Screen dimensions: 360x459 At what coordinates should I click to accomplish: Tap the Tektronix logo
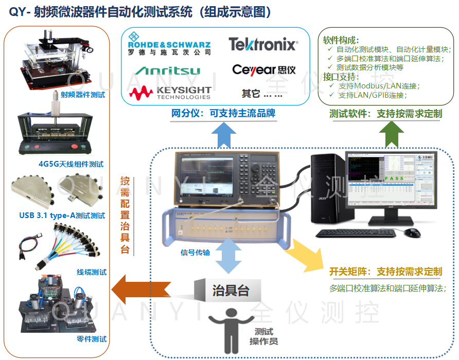tap(263, 44)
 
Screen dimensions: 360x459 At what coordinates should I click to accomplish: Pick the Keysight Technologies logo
tap(170, 93)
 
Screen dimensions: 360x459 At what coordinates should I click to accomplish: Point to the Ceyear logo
tap(263, 69)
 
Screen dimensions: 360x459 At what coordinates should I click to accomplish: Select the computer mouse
tap(412, 232)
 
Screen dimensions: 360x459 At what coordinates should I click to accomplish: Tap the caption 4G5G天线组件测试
tap(71, 164)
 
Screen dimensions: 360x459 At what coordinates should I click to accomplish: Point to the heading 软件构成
tap(341, 40)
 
